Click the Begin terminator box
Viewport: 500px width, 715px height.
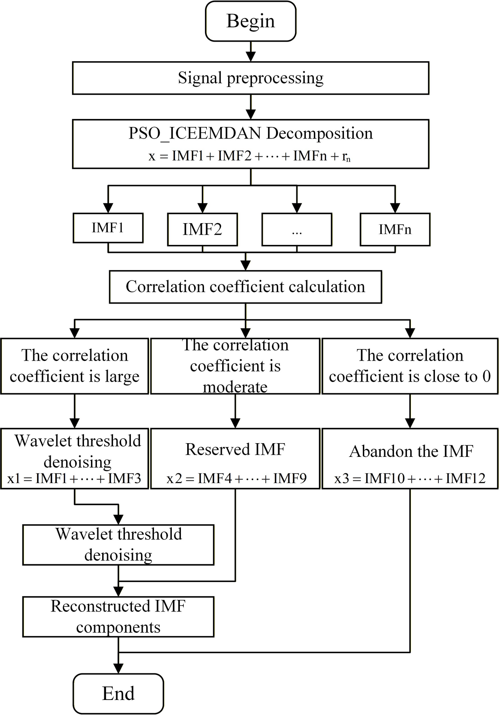[251, 21]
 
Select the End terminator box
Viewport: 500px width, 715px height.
[118, 693]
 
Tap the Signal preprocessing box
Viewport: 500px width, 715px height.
[251, 78]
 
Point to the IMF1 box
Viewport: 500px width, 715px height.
[108, 228]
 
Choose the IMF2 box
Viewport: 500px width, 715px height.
[202, 229]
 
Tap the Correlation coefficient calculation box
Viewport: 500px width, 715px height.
[245, 286]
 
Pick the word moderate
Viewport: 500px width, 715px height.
[235, 387]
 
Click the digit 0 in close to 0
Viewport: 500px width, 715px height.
[486, 376]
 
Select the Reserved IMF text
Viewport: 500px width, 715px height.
[235, 449]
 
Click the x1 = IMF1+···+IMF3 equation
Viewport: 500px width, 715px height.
[74, 478]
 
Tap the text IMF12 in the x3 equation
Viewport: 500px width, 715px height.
[465, 478]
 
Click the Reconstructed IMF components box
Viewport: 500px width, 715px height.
[118, 617]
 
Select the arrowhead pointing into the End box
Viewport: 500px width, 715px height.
[119, 668]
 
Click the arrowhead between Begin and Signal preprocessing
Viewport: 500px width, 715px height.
[251, 56]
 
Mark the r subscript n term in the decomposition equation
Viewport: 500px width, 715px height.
[346, 156]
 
